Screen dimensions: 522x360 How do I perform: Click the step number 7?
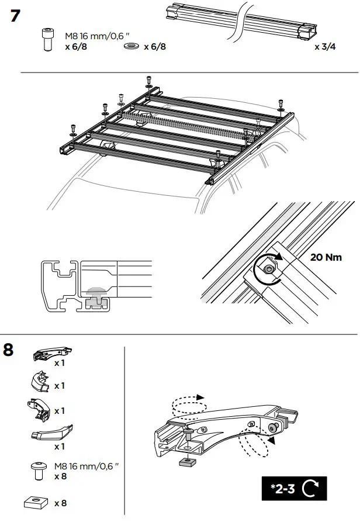pos(17,16)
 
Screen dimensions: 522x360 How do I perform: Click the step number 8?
pos(9,350)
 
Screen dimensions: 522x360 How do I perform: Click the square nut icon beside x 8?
pos(36,502)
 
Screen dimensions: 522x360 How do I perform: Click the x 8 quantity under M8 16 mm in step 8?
pos(60,476)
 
